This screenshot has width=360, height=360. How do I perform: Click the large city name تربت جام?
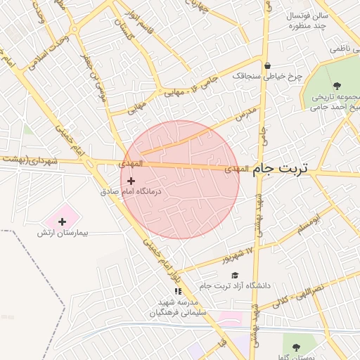(x=285, y=169)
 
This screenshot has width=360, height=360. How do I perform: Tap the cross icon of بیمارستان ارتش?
(x=62, y=222)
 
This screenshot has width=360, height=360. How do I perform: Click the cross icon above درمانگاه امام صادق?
(x=131, y=181)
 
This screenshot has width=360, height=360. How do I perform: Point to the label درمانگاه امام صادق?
(x=131, y=191)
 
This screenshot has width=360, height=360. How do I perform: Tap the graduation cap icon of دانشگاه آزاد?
(x=235, y=276)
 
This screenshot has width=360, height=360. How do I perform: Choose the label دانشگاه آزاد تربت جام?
(x=235, y=286)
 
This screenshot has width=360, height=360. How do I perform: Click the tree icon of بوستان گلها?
(x=295, y=347)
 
